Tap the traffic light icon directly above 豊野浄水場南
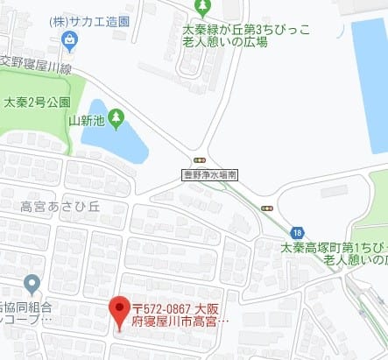pyautogui.click(x=200, y=160)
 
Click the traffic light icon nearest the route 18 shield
pyautogui.click(x=267, y=208)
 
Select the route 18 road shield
pyautogui.click(x=299, y=232)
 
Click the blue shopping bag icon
pyautogui.click(x=69, y=39)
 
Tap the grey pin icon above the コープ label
pyautogui.click(x=32, y=284)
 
